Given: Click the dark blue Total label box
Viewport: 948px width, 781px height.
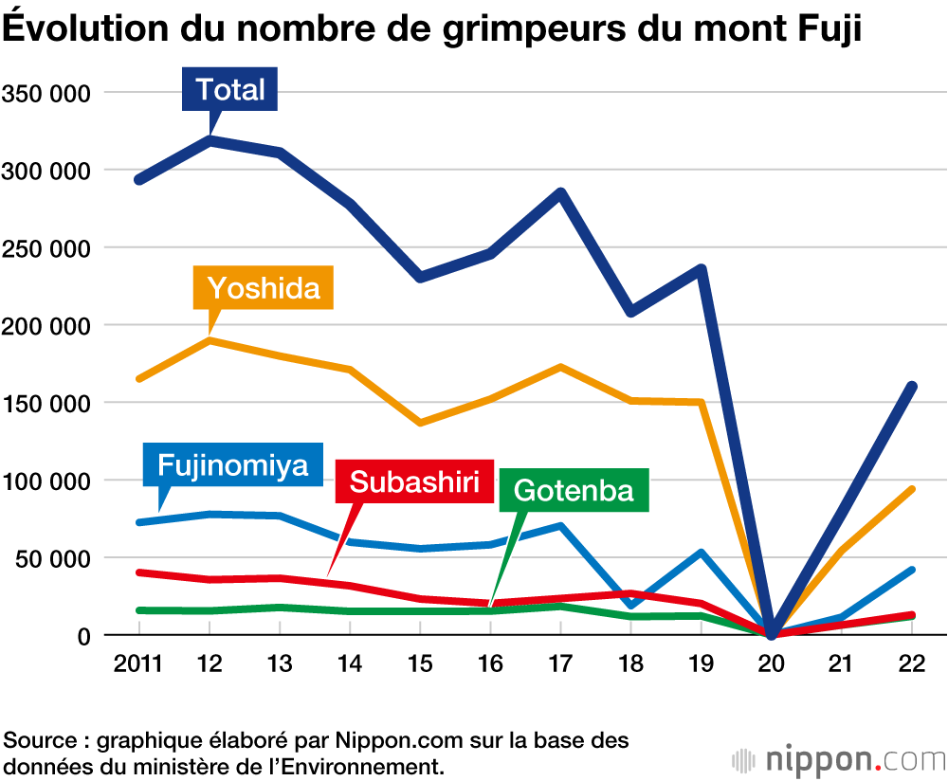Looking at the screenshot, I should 230,90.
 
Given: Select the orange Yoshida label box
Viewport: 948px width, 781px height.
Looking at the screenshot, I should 264,287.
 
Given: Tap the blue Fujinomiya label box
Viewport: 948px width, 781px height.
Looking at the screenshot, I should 232,465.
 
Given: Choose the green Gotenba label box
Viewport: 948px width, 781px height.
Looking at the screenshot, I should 573,490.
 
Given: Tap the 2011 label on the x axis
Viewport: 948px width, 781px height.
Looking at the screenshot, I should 137,664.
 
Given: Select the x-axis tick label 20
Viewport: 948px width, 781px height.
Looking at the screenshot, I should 772,664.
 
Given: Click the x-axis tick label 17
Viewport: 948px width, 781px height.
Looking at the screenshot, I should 561,664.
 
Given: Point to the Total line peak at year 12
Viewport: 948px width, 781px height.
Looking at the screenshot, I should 209,140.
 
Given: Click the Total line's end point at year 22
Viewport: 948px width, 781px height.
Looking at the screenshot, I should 912,386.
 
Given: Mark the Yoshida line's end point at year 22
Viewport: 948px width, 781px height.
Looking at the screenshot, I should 912,489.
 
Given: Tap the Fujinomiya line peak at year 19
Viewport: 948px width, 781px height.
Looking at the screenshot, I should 702,552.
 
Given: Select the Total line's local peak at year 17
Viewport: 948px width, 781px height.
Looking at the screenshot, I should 561,193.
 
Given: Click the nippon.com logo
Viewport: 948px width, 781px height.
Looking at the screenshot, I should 838,759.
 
